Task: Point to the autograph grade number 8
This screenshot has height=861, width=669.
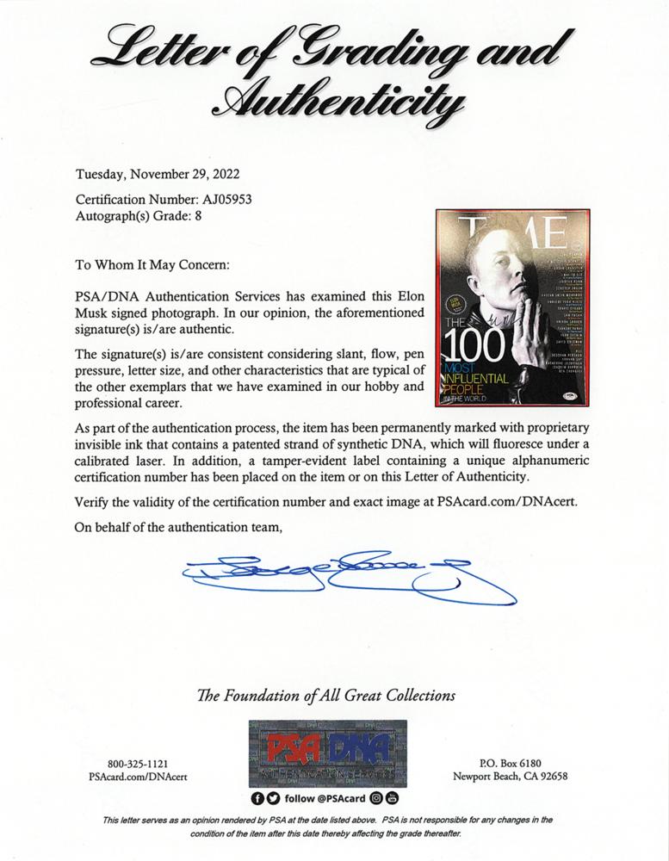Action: point(199,214)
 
